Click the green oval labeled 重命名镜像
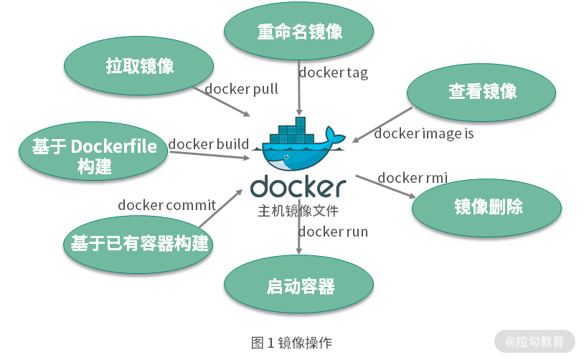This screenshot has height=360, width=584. (x=299, y=32)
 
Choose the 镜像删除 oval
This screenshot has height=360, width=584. (x=488, y=207)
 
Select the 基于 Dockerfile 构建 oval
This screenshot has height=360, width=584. (x=94, y=156)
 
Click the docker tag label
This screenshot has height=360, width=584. (x=333, y=72)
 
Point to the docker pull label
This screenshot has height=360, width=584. (x=241, y=89)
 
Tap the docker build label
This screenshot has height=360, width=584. (x=209, y=144)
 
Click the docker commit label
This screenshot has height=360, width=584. (x=166, y=205)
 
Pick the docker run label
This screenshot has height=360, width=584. (x=333, y=231)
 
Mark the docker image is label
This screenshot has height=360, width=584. (x=423, y=133)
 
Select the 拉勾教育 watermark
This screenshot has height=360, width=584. (x=534, y=341)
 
